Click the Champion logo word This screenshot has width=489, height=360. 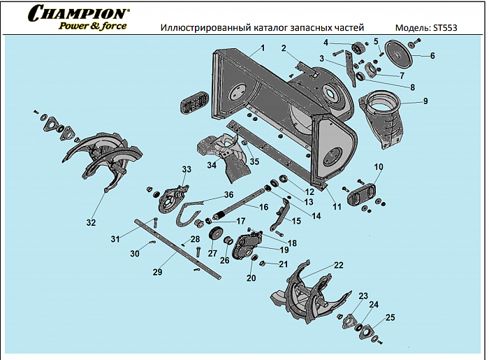tap(78, 13)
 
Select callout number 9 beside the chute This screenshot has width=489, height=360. tap(425, 101)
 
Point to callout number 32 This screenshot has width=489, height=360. tap(91, 222)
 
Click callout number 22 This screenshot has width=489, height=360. tap(339, 265)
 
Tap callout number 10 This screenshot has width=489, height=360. tap(379, 167)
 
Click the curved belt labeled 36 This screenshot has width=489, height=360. tap(187, 213)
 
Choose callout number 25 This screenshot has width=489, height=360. tap(390, 317)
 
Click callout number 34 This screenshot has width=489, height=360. tap(211, 166)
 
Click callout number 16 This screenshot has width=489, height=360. tap(263, 208)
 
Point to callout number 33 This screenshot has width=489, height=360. tap(186, 170)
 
